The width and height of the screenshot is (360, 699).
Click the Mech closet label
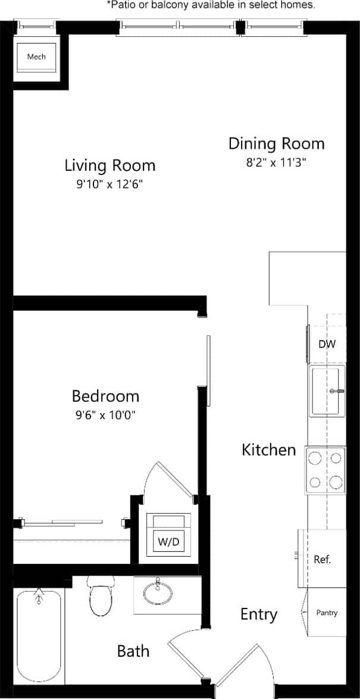(x=36, y=57)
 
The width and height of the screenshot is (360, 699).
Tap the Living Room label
(x=109, y=165)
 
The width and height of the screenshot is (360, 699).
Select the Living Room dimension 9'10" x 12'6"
(x=109, y=185)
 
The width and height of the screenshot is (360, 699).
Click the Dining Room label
(x=277, y=143)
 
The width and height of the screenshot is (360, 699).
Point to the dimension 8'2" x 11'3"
(x=277, y=162)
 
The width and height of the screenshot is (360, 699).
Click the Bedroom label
(x=105, y=396)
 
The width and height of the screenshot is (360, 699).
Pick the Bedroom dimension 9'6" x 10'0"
(x=105, y=415)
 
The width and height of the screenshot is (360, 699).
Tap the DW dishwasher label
(x=327, y=344)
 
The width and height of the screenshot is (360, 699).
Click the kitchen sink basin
(x=325, y=391)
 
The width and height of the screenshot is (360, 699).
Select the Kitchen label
(x=268, y=450)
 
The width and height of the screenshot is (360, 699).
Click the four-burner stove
(x=325, y=470)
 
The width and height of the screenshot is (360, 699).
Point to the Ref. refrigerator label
(x=322, y=560)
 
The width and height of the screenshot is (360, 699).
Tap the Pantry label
(x=327, y=613)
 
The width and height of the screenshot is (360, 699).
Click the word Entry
(x=258, y=614)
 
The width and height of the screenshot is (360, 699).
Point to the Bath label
(x=133, y=651)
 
